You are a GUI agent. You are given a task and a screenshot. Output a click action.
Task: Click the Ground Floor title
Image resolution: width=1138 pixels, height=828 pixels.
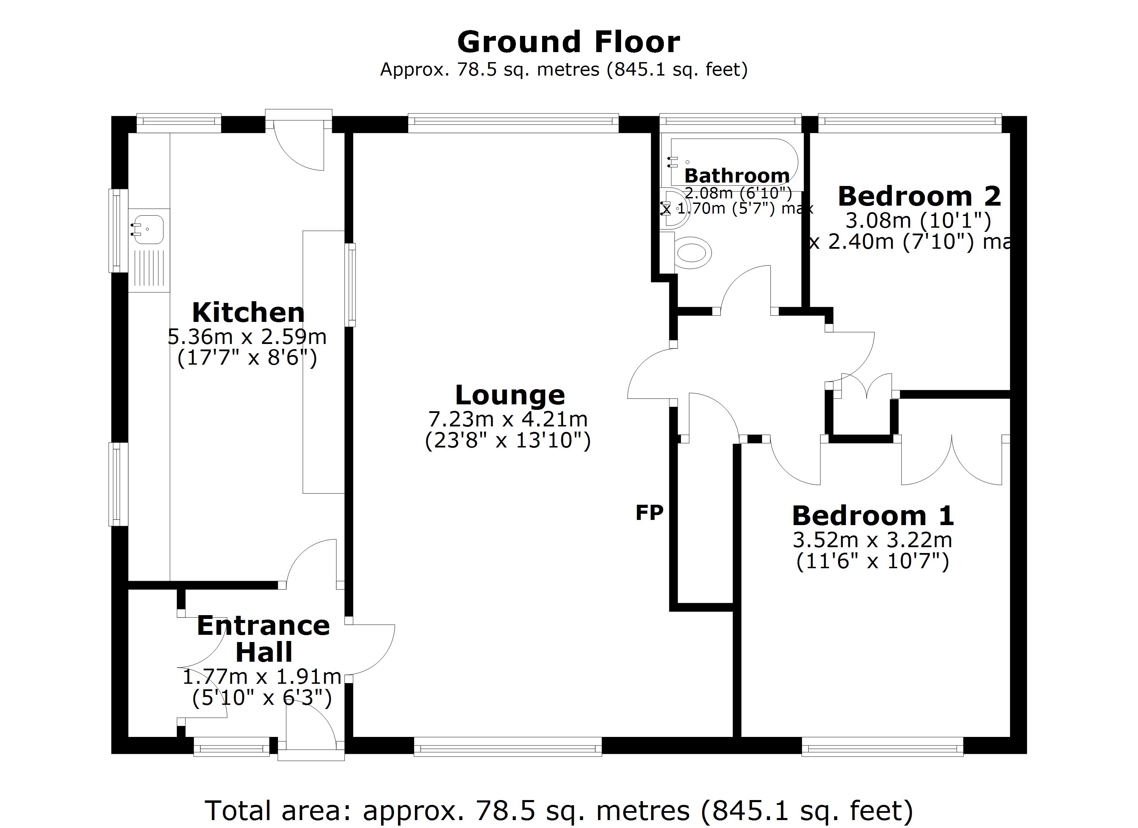coord(569,42)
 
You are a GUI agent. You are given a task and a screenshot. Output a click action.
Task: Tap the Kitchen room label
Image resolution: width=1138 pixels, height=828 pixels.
coord(248,313)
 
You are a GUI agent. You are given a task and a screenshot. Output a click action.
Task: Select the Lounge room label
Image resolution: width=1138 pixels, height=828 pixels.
coord(510,395)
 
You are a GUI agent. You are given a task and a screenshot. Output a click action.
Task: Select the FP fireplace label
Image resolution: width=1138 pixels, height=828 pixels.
coord(649,513)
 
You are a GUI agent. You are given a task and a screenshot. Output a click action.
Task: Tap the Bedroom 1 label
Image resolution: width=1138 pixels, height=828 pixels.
coord(872,516)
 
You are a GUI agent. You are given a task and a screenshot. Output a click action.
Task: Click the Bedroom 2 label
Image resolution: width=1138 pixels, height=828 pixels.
coord(919,196)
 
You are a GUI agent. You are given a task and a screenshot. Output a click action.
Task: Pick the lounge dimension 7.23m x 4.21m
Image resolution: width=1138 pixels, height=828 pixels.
coord(508,419)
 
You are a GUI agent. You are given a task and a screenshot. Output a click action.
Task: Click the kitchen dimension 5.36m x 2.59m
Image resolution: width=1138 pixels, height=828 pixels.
coord(247,337)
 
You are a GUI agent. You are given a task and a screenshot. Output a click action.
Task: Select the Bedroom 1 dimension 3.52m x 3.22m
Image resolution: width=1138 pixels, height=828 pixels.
coord(872,540)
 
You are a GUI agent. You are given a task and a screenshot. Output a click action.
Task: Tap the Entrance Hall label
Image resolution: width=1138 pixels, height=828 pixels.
coord(263,639)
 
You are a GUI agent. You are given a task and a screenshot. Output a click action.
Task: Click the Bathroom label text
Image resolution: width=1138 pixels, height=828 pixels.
coord(737,176)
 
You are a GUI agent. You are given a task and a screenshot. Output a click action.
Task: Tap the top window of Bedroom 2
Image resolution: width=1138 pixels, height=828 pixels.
coord(910,124)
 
